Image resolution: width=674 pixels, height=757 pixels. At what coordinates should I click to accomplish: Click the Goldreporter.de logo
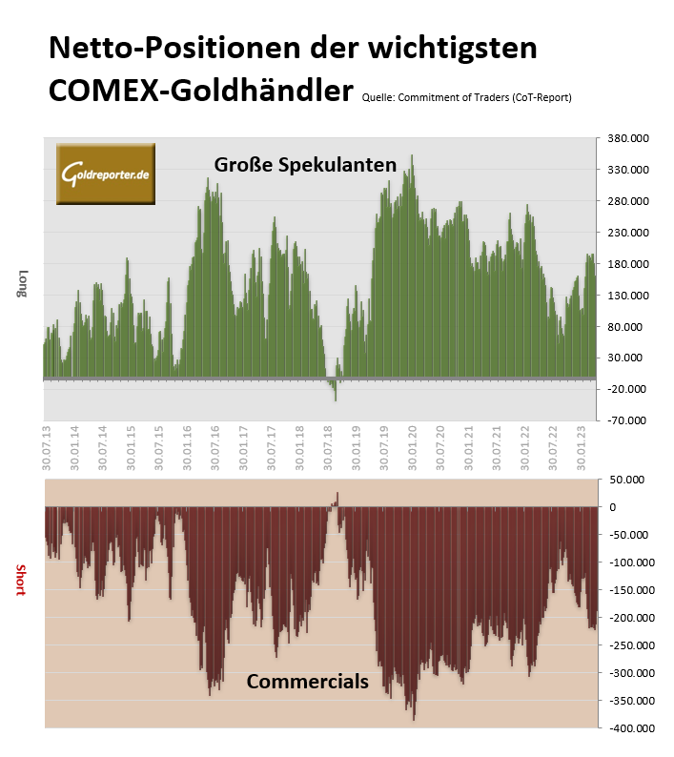105,174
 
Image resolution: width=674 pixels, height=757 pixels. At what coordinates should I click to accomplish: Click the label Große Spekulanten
304,165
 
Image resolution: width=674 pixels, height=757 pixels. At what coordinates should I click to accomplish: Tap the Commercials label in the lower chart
307,682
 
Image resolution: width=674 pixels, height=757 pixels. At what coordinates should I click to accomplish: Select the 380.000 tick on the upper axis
626,139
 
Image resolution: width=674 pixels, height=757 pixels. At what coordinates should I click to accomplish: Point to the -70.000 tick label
626,420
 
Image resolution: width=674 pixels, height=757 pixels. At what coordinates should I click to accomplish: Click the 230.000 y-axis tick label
626,233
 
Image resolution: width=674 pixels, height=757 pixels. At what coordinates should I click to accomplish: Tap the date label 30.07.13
47,447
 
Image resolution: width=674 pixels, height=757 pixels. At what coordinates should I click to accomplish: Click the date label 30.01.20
413,447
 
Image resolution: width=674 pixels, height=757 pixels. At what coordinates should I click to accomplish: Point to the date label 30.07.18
328,447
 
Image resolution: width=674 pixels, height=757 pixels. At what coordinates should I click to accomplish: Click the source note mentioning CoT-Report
466,97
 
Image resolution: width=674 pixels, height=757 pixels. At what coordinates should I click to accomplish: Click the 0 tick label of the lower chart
613,507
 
